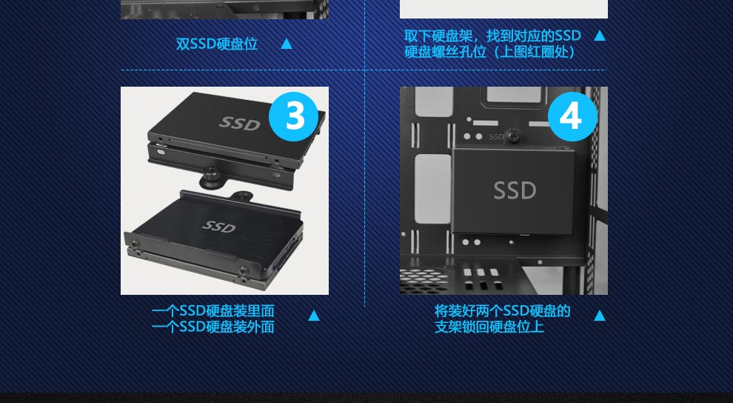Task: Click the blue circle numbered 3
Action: pos(294,116)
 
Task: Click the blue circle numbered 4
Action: pos(572,116)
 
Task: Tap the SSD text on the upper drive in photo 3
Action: pos(240,124)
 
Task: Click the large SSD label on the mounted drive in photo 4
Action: pos(515,190)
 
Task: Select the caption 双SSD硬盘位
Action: pos(217,44)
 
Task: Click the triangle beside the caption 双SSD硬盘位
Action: pos(287,44)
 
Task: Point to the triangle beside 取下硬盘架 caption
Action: pos(600,36)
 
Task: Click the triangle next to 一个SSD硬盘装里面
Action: pos(314,316)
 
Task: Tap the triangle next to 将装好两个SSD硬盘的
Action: pos(600,316)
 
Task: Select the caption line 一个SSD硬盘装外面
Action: pos(212,327)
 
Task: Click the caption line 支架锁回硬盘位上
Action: pos(489,327)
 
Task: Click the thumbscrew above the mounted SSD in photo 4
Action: pos(513,137)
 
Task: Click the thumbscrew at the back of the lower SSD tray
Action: pos(241,196)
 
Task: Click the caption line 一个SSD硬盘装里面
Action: pos(212,311)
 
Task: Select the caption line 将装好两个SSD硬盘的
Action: pos(503,311)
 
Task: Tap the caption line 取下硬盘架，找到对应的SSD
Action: pos(492,36)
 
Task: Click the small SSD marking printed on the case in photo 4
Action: pos(496,137)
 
